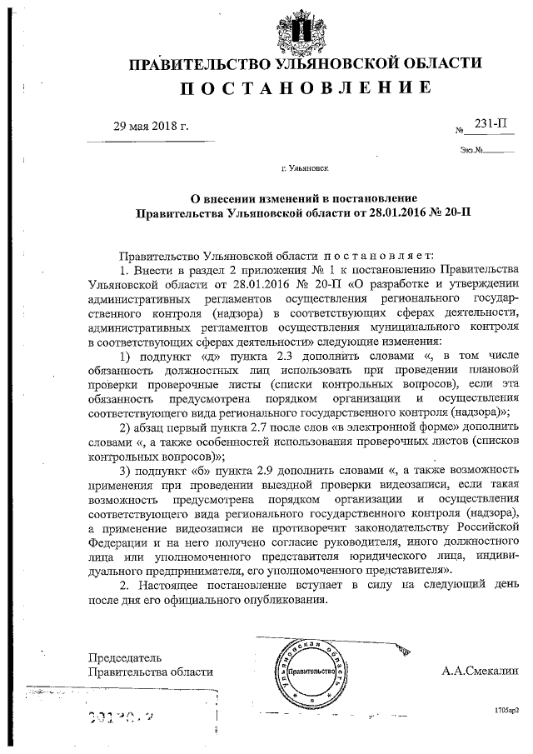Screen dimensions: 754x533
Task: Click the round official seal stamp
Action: [306, 672]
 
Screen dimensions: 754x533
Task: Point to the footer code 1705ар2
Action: [505, 709]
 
